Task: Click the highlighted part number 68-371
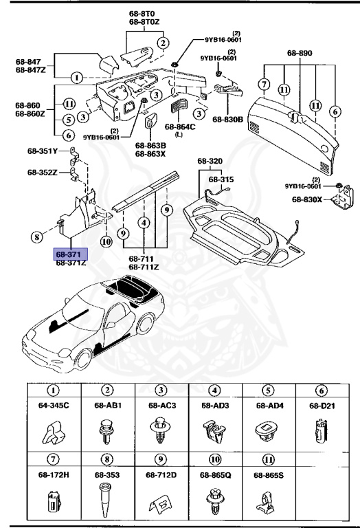(71, 254)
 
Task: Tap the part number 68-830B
(228, 120)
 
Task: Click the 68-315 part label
(221, 179)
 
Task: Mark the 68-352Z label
(44, 173)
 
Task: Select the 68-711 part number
(144, 259)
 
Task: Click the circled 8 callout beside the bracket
(36, 239)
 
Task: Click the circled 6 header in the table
(321, 390)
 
